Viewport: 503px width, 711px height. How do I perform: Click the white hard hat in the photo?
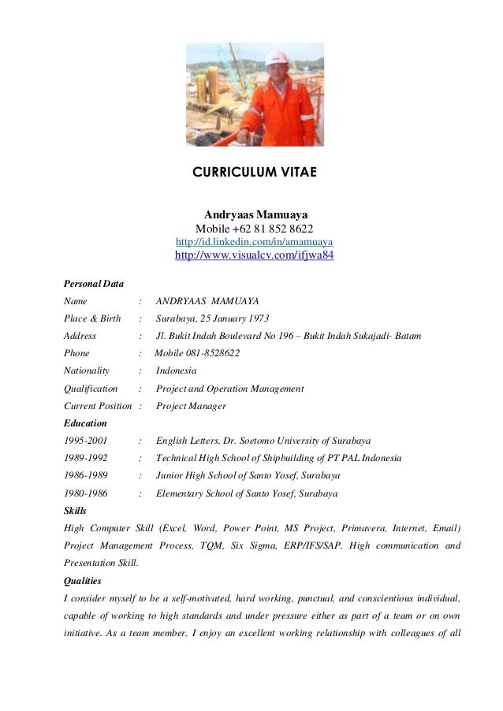click(278, 58)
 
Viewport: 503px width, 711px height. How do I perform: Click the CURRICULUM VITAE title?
click(255, 172)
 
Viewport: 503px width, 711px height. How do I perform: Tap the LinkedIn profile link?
click(255, 241)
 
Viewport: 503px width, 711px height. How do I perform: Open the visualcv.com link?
click(255, 256)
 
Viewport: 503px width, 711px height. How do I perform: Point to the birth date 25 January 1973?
click(230, 318)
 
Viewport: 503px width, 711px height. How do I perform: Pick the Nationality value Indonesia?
click(176, 370)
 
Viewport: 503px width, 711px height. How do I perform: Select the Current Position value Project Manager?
click(191, 406)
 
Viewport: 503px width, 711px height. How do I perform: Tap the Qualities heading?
click(82, 580)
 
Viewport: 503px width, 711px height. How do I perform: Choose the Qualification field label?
click(91, 389)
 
